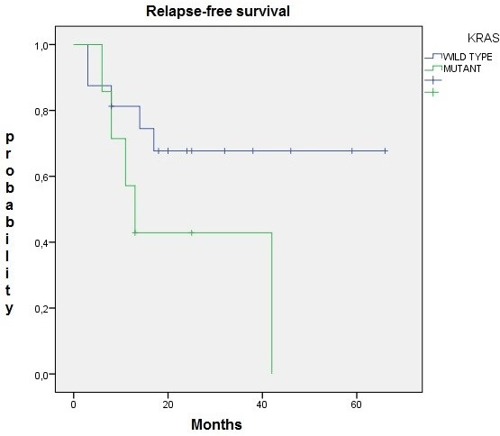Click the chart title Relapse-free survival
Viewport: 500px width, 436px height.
(x=218, y=12)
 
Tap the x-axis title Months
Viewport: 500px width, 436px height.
(x=216, y=424)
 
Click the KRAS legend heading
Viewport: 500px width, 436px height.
(x=483, y=38)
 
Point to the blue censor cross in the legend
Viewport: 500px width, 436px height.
(x=433, y=80)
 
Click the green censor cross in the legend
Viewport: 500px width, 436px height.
(x=432, y=93)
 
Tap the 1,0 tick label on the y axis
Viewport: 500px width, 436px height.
(x=41, y=46)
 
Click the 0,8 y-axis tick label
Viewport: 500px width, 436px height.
(x=41, y=112)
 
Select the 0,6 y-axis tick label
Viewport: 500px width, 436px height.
(x=41, y=177)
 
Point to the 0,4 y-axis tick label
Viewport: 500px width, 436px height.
(x=41, y=243)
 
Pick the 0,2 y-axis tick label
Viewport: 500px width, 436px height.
(x=41, y=309)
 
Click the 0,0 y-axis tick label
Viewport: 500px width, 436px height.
(x=41, y=375)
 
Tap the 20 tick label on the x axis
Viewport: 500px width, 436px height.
(x=168, y=404)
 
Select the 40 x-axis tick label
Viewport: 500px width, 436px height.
(x=262, y=404)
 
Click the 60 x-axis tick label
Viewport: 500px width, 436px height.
(x=356, y=404)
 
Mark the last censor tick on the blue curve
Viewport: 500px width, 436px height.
(x=386, y=150)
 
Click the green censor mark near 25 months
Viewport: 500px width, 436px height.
(x=192, y=232)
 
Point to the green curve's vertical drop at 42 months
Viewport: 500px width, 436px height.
(x=272, y=303)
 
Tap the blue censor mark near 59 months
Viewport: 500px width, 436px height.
(x=352, y=150)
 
